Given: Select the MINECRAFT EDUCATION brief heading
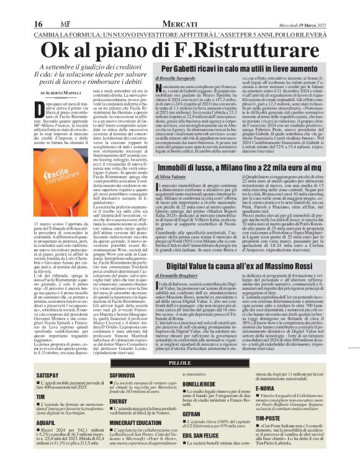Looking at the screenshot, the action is pos(133,421).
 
